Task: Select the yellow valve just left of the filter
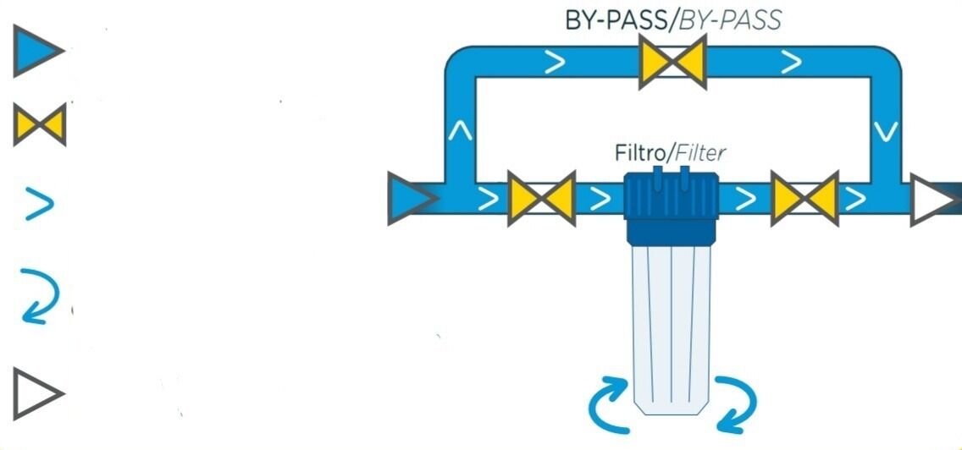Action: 541,199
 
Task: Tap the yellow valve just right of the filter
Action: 804,199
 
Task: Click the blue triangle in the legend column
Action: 36,52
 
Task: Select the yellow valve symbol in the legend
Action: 39,125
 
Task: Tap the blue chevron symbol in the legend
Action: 39,204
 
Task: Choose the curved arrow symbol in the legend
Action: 39,295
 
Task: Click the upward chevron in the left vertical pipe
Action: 460,133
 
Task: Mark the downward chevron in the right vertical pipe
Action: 885,133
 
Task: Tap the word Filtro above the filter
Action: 639,154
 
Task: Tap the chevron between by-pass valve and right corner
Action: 791,62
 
